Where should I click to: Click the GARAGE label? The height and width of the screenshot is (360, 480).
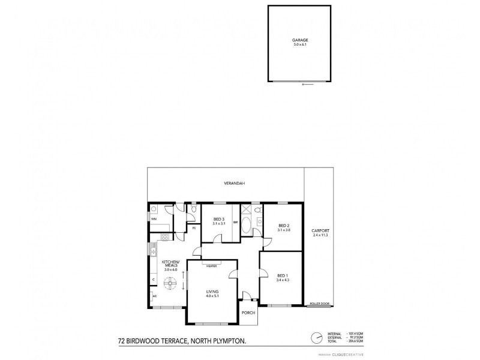[300, 40]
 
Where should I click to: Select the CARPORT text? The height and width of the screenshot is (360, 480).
[320, 231]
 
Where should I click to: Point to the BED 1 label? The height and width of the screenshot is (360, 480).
[280, 275]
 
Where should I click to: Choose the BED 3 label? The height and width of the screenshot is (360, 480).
[219, 220]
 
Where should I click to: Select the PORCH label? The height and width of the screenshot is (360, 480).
[248, 313]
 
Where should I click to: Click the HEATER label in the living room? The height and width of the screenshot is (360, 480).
[212, 266]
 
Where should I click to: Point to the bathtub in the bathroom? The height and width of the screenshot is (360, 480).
[247, 223]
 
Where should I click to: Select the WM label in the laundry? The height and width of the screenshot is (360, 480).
[154, 219]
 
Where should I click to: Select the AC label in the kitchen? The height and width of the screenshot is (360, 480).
[154, 296]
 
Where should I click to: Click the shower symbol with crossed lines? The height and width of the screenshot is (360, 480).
[246, 209]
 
